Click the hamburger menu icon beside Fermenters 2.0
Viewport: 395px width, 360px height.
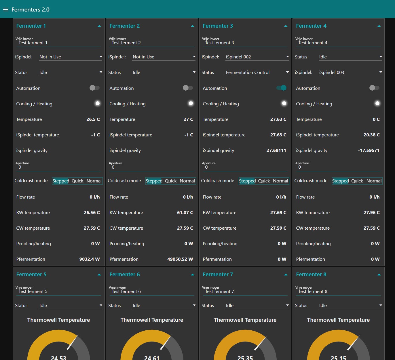tap(6, 9)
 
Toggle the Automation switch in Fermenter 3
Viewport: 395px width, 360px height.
tap(281, 88)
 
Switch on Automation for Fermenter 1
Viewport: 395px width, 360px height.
tap(94, 88)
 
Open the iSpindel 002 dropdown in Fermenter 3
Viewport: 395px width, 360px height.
tap(257, 57)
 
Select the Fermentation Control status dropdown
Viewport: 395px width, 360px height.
tap(257, 73)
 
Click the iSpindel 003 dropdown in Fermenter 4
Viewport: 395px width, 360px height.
tap(350, 73)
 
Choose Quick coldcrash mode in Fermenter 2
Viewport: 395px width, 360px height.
tap(171, 181)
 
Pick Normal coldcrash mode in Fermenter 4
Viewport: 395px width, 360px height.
tap(374, 181)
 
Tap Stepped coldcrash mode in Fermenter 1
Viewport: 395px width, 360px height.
tap(61, 181)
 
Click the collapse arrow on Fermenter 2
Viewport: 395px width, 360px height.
tap(192, 26)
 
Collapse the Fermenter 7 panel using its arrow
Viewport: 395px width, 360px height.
tap(286, 275)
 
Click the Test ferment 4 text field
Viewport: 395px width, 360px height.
tap(338, 43)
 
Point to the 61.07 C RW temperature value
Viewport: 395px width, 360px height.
tap(185, 213)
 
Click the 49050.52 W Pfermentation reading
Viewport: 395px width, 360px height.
tap(180, 259)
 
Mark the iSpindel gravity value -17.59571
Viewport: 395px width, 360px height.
tap(369, 151)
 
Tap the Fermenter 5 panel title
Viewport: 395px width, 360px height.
tap(31, 275)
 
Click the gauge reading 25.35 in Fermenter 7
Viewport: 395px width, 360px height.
tap(245, 357)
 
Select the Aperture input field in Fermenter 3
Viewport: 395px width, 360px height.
tap(245, 167)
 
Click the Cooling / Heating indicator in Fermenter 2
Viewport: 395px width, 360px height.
tap(191, 103)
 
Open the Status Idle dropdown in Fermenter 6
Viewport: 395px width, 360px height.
tap(164, 306)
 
